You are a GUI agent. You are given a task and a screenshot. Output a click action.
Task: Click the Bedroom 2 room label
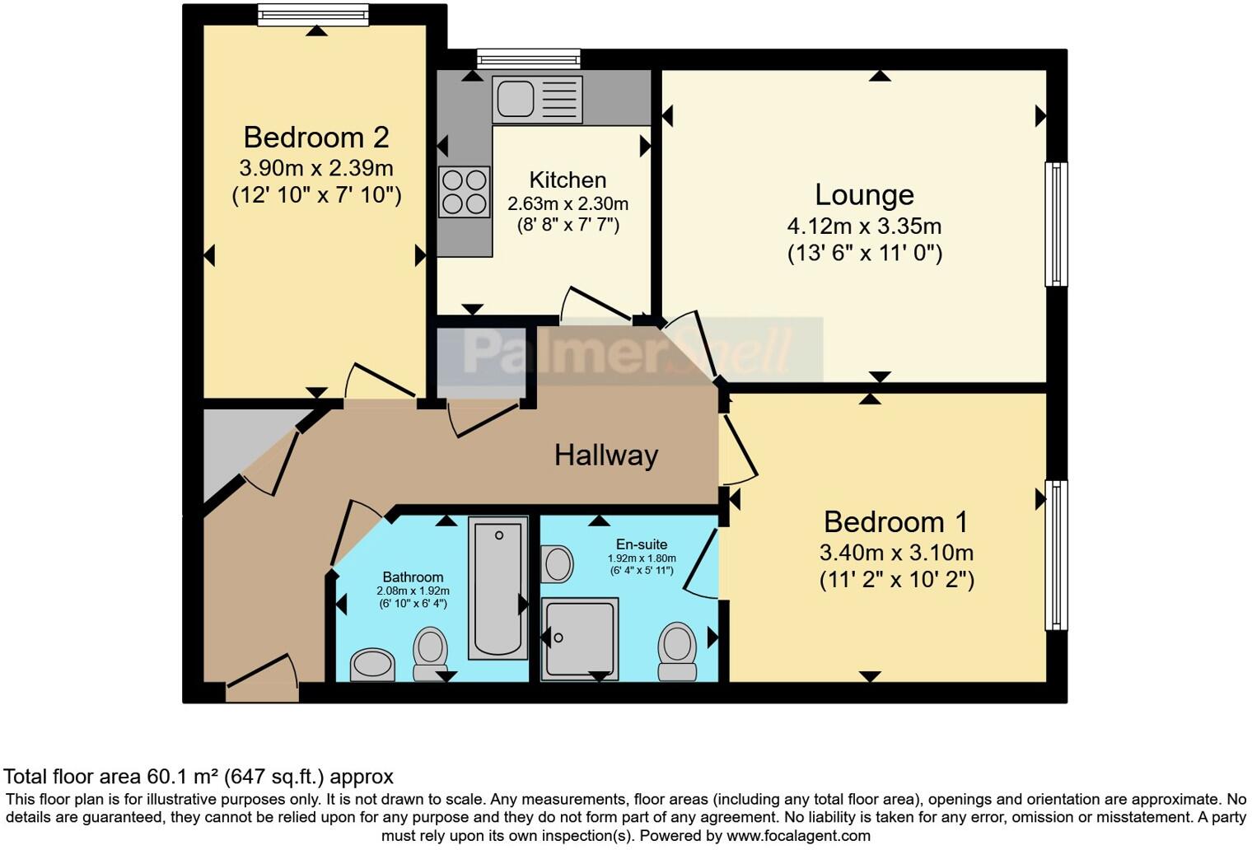point(316,137)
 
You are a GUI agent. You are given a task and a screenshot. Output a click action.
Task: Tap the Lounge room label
point(864,194)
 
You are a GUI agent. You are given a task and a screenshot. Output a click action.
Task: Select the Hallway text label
point(605,455)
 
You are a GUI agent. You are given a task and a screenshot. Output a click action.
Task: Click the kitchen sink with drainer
point(537,99)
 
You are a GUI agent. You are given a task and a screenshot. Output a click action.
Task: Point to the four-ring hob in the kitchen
point(464,192)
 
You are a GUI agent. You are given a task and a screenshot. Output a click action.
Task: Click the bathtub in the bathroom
point(498,588)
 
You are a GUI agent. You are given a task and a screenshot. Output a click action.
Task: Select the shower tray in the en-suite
point(579,639)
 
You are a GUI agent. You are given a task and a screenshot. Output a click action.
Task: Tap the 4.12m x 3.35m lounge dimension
point(864,226)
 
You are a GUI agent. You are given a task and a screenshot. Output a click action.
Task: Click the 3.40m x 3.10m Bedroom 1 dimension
point(896,553)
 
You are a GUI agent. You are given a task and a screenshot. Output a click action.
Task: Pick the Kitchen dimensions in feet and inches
point(568,224)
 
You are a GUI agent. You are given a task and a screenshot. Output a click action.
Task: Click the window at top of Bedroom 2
point(313,15)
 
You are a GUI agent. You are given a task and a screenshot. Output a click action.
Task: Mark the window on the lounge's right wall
point(1056,224)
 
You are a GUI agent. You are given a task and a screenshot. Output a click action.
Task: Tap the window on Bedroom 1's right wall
point(1056,555)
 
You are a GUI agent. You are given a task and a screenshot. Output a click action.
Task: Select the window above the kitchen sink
point(528,58)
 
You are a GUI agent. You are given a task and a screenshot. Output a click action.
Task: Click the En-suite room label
point(642,544)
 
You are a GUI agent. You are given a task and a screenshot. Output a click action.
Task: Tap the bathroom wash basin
point(372,664)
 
